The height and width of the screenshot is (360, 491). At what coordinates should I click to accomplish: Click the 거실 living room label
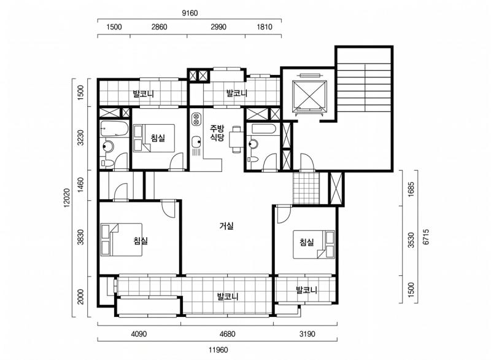(226, 225)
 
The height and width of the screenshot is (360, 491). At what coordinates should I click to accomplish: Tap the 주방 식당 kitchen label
(217, 133)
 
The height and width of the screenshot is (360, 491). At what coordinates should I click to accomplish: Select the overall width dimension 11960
(218, 350)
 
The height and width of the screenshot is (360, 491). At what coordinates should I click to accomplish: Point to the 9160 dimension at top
(190, 13)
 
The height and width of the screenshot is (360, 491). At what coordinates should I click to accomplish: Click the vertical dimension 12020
(66, 198)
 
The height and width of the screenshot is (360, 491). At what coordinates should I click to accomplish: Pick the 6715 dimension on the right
(425, 237)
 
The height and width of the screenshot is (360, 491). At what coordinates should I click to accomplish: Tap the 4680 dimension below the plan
(227, 334)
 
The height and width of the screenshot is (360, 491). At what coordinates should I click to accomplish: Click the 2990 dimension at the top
(218, 27)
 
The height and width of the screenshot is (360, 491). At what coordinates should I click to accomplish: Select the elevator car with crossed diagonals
(309, 96)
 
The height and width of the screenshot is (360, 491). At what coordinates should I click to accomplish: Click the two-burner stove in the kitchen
(196, 119)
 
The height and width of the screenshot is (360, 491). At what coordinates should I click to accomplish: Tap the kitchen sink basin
(196, 141)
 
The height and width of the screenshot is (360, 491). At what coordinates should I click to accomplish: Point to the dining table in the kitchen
(236, 139)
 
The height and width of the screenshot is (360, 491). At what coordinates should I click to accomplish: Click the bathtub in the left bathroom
(114, 129)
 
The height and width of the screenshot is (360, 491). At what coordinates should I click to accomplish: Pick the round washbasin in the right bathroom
(253, 144)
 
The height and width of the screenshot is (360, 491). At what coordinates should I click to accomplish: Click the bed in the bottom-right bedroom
(314, 245)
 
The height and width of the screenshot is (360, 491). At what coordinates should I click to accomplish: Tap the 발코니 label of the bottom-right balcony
(306, 290)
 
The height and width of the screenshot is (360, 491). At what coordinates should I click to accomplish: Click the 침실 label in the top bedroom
(158, 138)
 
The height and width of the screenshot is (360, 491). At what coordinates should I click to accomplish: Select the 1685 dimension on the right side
(411, 189)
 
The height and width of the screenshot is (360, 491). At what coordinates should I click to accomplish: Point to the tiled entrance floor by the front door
(306, 187)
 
